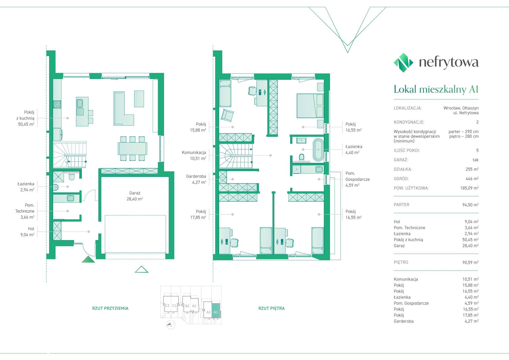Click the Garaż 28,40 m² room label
tap(135, 196)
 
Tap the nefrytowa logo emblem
tap(403, 63)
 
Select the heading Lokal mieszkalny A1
tap(436, 89)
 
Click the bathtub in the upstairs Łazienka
tap(318, 150)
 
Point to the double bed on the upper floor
tap(310, 105)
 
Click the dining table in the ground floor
tap(133, 149)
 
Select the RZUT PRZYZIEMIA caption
tap(110, 308)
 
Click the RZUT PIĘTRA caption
tap(271, 308)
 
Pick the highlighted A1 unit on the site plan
tap(216, 310)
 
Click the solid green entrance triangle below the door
tap(88, 259)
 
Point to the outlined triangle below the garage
tap(141, 269)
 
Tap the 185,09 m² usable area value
tap(469, 188)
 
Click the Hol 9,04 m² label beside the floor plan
tap(27, 232)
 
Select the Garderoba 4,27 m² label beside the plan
tap(196, 179)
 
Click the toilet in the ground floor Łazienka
tap(72, 176)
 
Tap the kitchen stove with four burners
tap(57, 104)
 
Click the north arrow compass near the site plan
tap(171, 325)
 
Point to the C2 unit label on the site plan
tap(167, 306)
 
